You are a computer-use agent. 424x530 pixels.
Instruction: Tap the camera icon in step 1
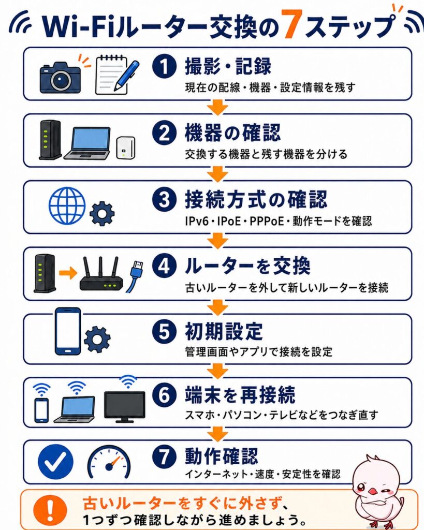[60, 77]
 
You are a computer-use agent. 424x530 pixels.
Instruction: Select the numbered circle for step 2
[164, 133]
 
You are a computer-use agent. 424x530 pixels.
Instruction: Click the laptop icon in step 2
[87, 143]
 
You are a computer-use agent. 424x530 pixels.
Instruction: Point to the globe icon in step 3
[67, 205]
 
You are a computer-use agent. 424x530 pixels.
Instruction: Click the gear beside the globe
[102, 214]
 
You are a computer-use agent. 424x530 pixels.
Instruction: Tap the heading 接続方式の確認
[256, 200]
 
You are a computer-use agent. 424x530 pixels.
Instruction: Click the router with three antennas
[101, 274]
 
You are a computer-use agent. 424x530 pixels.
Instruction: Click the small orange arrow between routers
[68, 273]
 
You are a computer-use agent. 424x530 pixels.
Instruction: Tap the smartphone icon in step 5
[68, 331]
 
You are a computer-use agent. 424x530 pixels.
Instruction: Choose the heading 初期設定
[224, 332]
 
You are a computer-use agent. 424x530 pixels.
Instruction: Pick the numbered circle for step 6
[164, 395]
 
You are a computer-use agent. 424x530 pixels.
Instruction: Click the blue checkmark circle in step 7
[55, 462]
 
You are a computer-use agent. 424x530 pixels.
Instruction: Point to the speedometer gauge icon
[109, 463]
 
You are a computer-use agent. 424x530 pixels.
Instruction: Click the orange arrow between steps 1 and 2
[217, 107]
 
